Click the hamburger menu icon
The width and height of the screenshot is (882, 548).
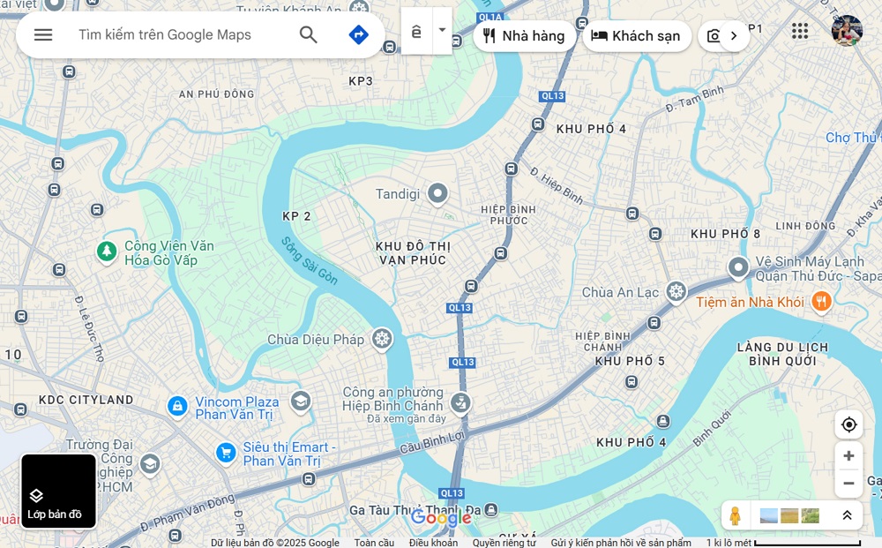[43, 34]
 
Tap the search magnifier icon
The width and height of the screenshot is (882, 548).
[308, 34]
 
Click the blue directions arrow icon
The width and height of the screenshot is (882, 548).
[358, 34]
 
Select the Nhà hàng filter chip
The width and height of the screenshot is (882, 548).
[524, 36]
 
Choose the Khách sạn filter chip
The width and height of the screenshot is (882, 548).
[636, 36]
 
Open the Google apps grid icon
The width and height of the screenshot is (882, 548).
[800, 32]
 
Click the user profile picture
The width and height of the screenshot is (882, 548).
[847, 31]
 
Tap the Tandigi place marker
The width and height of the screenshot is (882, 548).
[438, 194]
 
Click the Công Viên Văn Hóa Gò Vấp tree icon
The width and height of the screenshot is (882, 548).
[107, 252]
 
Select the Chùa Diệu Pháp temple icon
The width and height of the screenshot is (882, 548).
[382, 339]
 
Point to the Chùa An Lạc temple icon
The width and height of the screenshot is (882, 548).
[676, 292]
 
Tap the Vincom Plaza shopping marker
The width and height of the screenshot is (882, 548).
[177, 407]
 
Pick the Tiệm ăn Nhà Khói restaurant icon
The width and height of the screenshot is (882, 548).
[821, 302]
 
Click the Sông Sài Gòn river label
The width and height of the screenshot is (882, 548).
[310, 260]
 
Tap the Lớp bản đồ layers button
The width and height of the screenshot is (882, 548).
[58, 492]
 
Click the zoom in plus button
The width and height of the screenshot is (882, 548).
[848, 455]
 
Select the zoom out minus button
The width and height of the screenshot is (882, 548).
[848, 484]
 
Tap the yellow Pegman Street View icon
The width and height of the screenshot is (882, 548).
[735, 515]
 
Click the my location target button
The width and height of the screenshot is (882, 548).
[848, 424]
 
